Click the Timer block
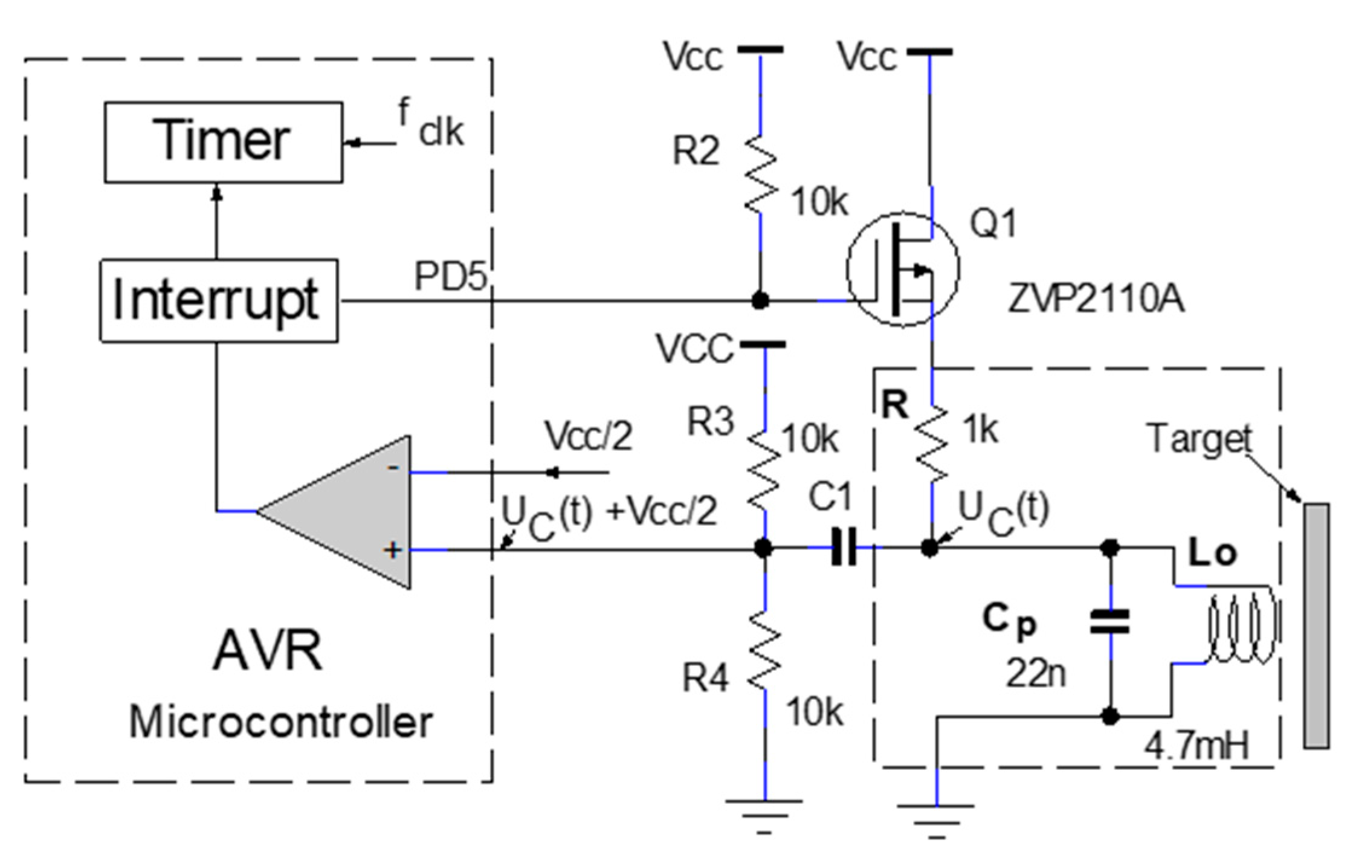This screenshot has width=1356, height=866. [x=223, y=142]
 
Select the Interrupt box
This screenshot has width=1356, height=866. [x=218, y=301]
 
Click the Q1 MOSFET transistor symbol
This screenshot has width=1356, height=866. [x=903, y=270]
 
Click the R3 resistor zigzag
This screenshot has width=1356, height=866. [x=764, y=471]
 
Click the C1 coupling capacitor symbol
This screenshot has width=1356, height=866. [x=844, y=548]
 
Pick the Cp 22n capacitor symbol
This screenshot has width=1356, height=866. [x=1109, y=622]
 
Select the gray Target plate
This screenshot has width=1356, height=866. [x=1315, y=625]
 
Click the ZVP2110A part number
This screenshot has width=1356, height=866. [x=1095, y=300]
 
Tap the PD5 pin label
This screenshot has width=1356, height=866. [x=450, y=276]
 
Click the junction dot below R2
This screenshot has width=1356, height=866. [x=760, y=300]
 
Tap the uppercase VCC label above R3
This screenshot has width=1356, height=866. [x=695, y=349]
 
